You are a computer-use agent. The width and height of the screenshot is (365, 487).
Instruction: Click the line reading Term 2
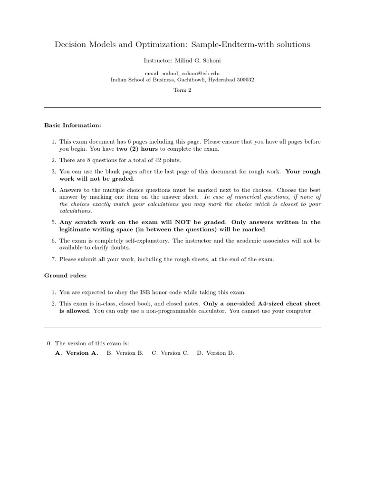pyautogui.click(x=182, y=90)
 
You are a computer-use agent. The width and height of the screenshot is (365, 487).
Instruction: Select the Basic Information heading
pyautogui.click(x=73, y=126)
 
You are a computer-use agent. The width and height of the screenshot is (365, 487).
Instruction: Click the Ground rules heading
pyautogui.click(x=66, y=275)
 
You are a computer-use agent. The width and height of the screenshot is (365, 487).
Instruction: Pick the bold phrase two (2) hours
pyautogui.click(x=137, y=149)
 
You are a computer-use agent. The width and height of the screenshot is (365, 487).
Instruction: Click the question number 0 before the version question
pyautogui.click(x=49, y=343)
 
